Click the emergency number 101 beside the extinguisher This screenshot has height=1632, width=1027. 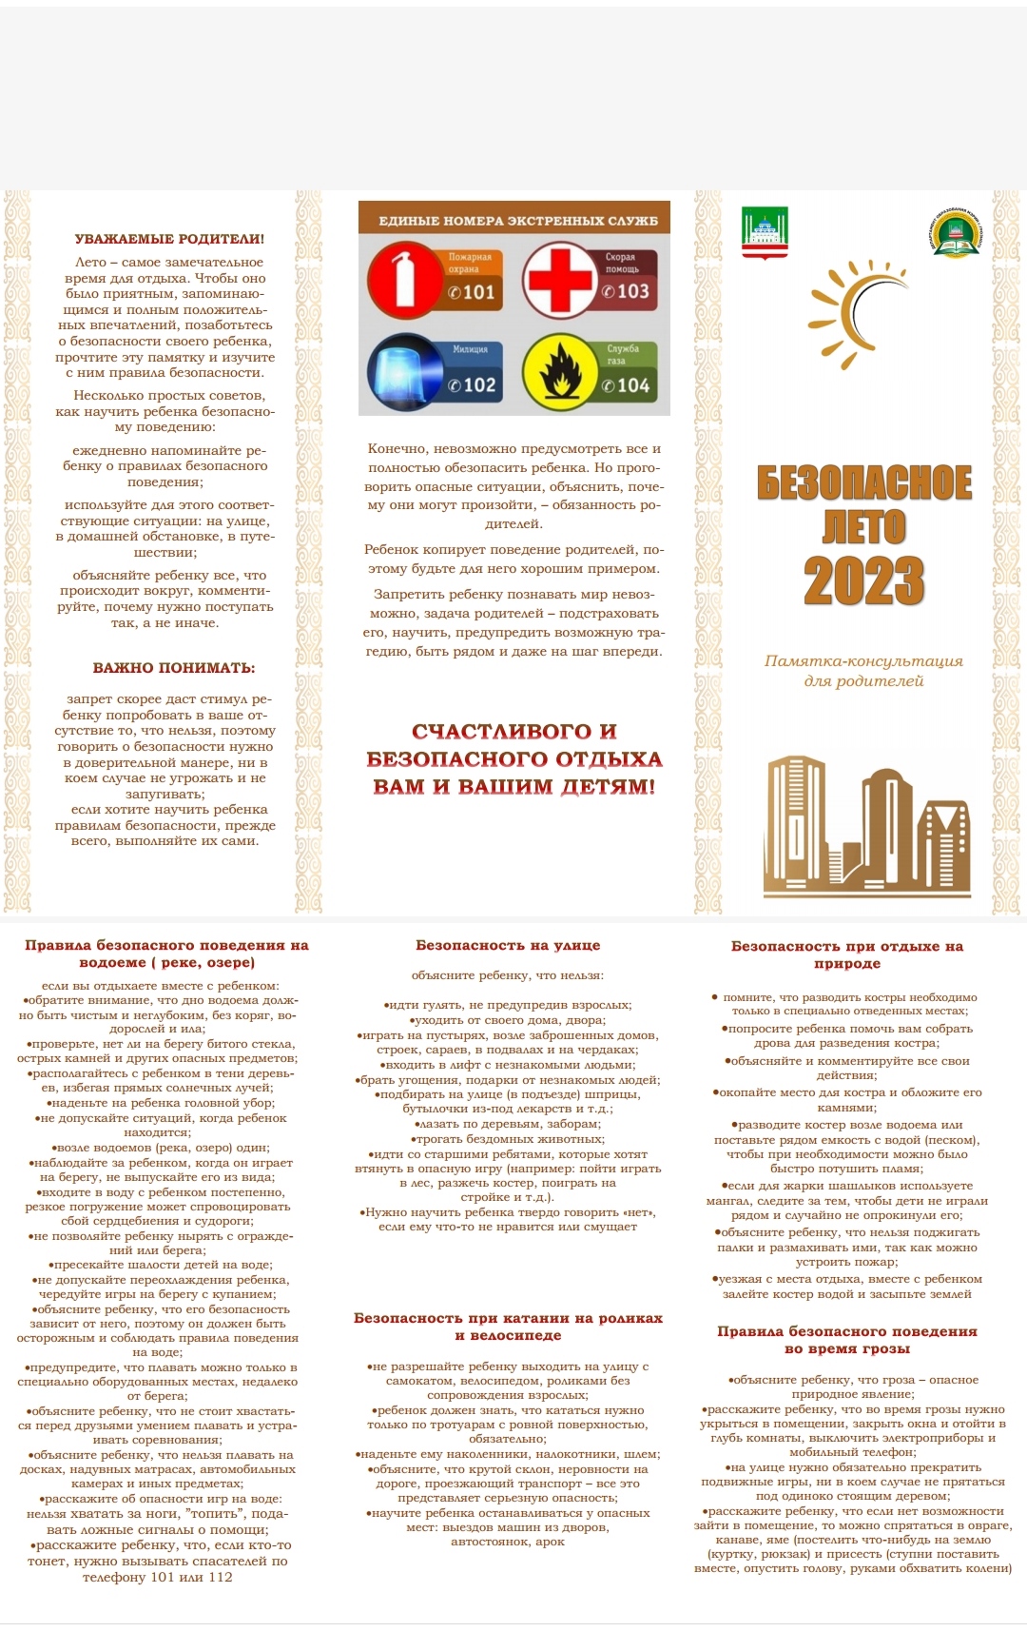(x=473, y=292)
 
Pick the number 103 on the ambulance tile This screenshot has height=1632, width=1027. (x=627, y=291)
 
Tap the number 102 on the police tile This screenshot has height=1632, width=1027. (x=473, y=385)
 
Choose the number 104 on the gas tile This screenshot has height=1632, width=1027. (x=627, y=385)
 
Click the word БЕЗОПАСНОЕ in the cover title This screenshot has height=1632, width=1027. (x=863, y=483)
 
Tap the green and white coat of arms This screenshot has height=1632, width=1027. (x=764, y=232)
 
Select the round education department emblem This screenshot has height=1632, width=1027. (x=954, y=234)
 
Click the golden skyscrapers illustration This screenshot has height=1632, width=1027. (x=866, y=826)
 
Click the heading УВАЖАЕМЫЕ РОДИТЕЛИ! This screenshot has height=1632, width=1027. (x=169, y=239)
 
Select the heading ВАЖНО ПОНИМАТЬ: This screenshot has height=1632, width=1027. (x=174, y=668)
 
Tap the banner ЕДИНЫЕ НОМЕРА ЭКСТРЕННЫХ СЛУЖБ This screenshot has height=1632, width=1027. (x=517, y=221)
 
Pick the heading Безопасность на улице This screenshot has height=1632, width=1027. (x=508, y=945)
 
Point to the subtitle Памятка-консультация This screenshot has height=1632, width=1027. (x=863, y=661)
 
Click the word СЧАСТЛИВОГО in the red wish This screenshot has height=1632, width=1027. (x=514, y=732)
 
